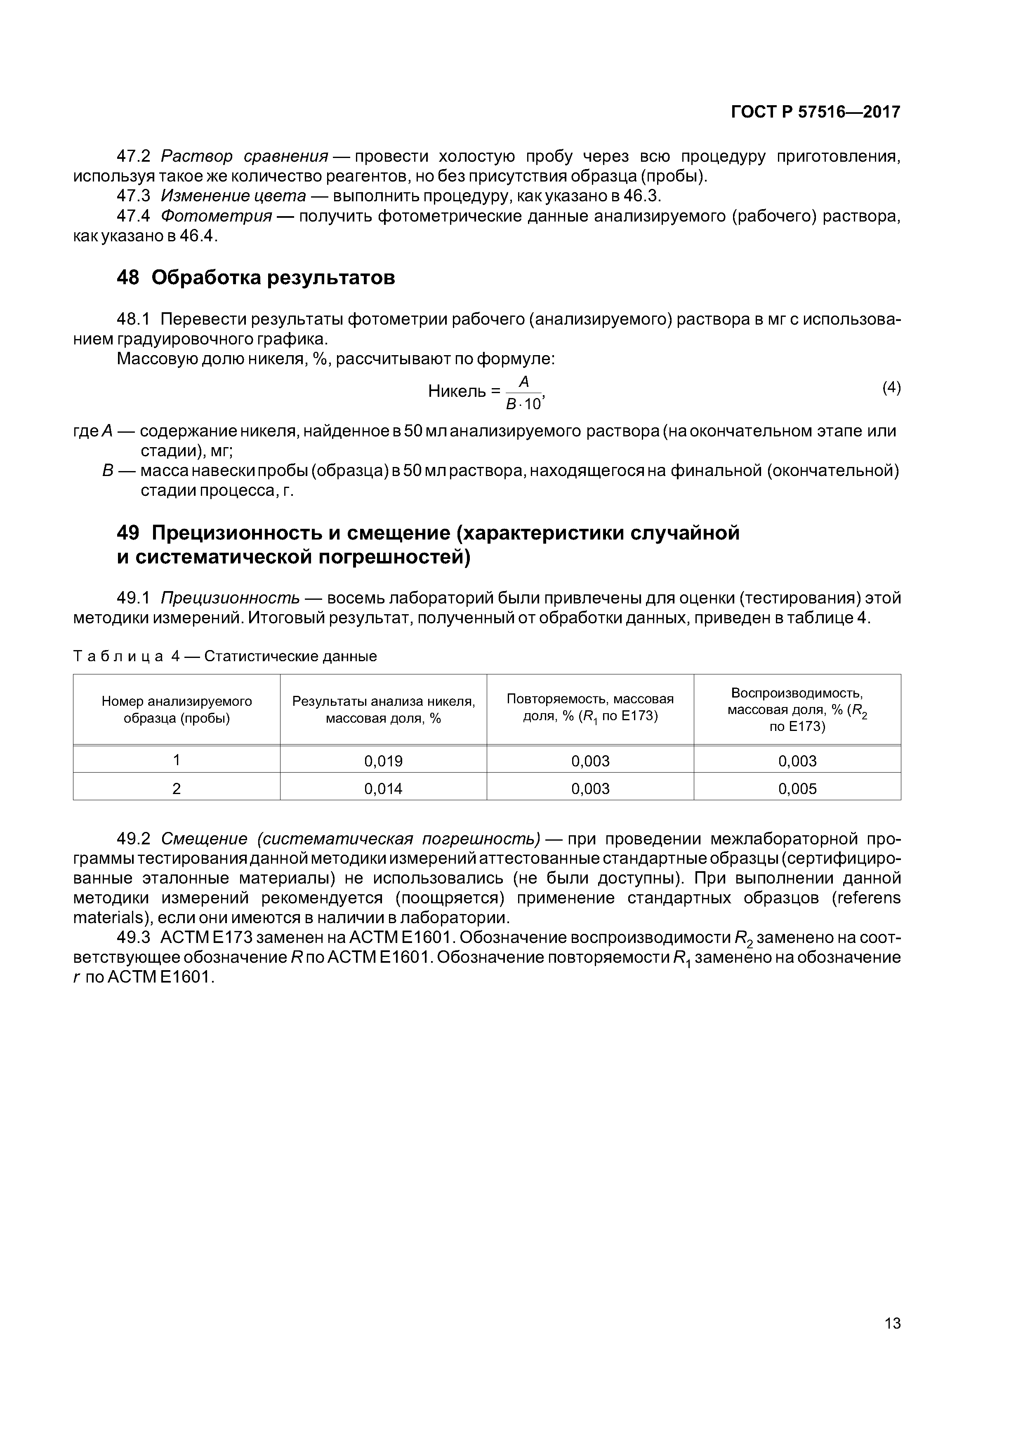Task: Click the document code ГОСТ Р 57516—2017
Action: point(815,112)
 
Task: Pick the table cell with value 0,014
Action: point(383,788)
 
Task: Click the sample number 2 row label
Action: point(177,788)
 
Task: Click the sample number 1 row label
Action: point(177,760)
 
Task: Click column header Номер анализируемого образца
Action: point(177,709)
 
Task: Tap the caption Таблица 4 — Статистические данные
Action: point(225,656)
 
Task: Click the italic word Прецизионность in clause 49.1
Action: point(230,597)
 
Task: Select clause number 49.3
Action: point(134,937)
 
